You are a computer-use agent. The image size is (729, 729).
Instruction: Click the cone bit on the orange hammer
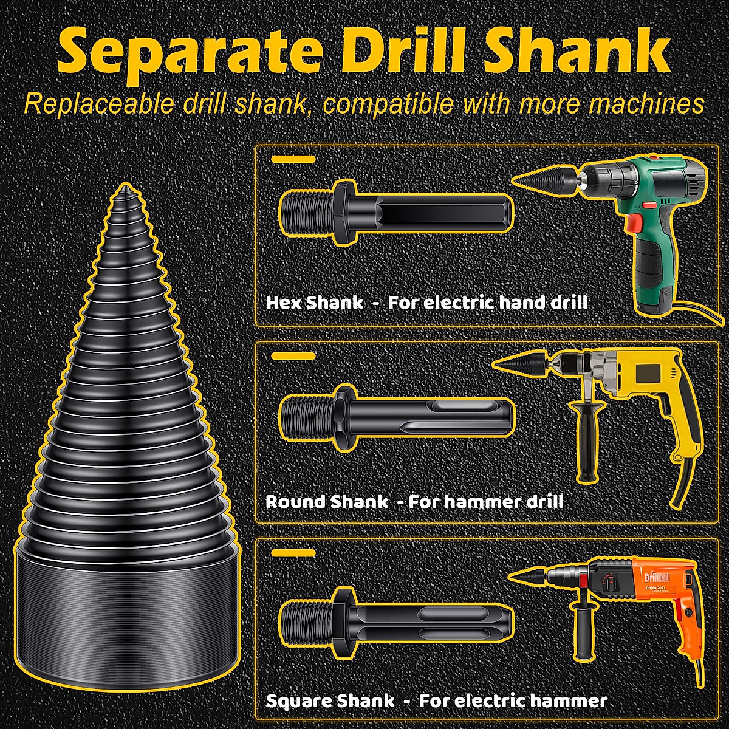coord(532,575)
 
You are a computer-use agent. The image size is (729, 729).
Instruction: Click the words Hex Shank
coord(315,303)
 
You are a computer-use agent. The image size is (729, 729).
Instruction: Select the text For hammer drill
coord(485,502)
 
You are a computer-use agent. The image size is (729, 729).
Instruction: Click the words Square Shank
coord(330,700)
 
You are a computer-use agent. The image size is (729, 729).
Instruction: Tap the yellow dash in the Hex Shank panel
coord(293,159)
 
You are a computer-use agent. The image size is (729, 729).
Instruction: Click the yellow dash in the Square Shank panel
coord(293,553)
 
